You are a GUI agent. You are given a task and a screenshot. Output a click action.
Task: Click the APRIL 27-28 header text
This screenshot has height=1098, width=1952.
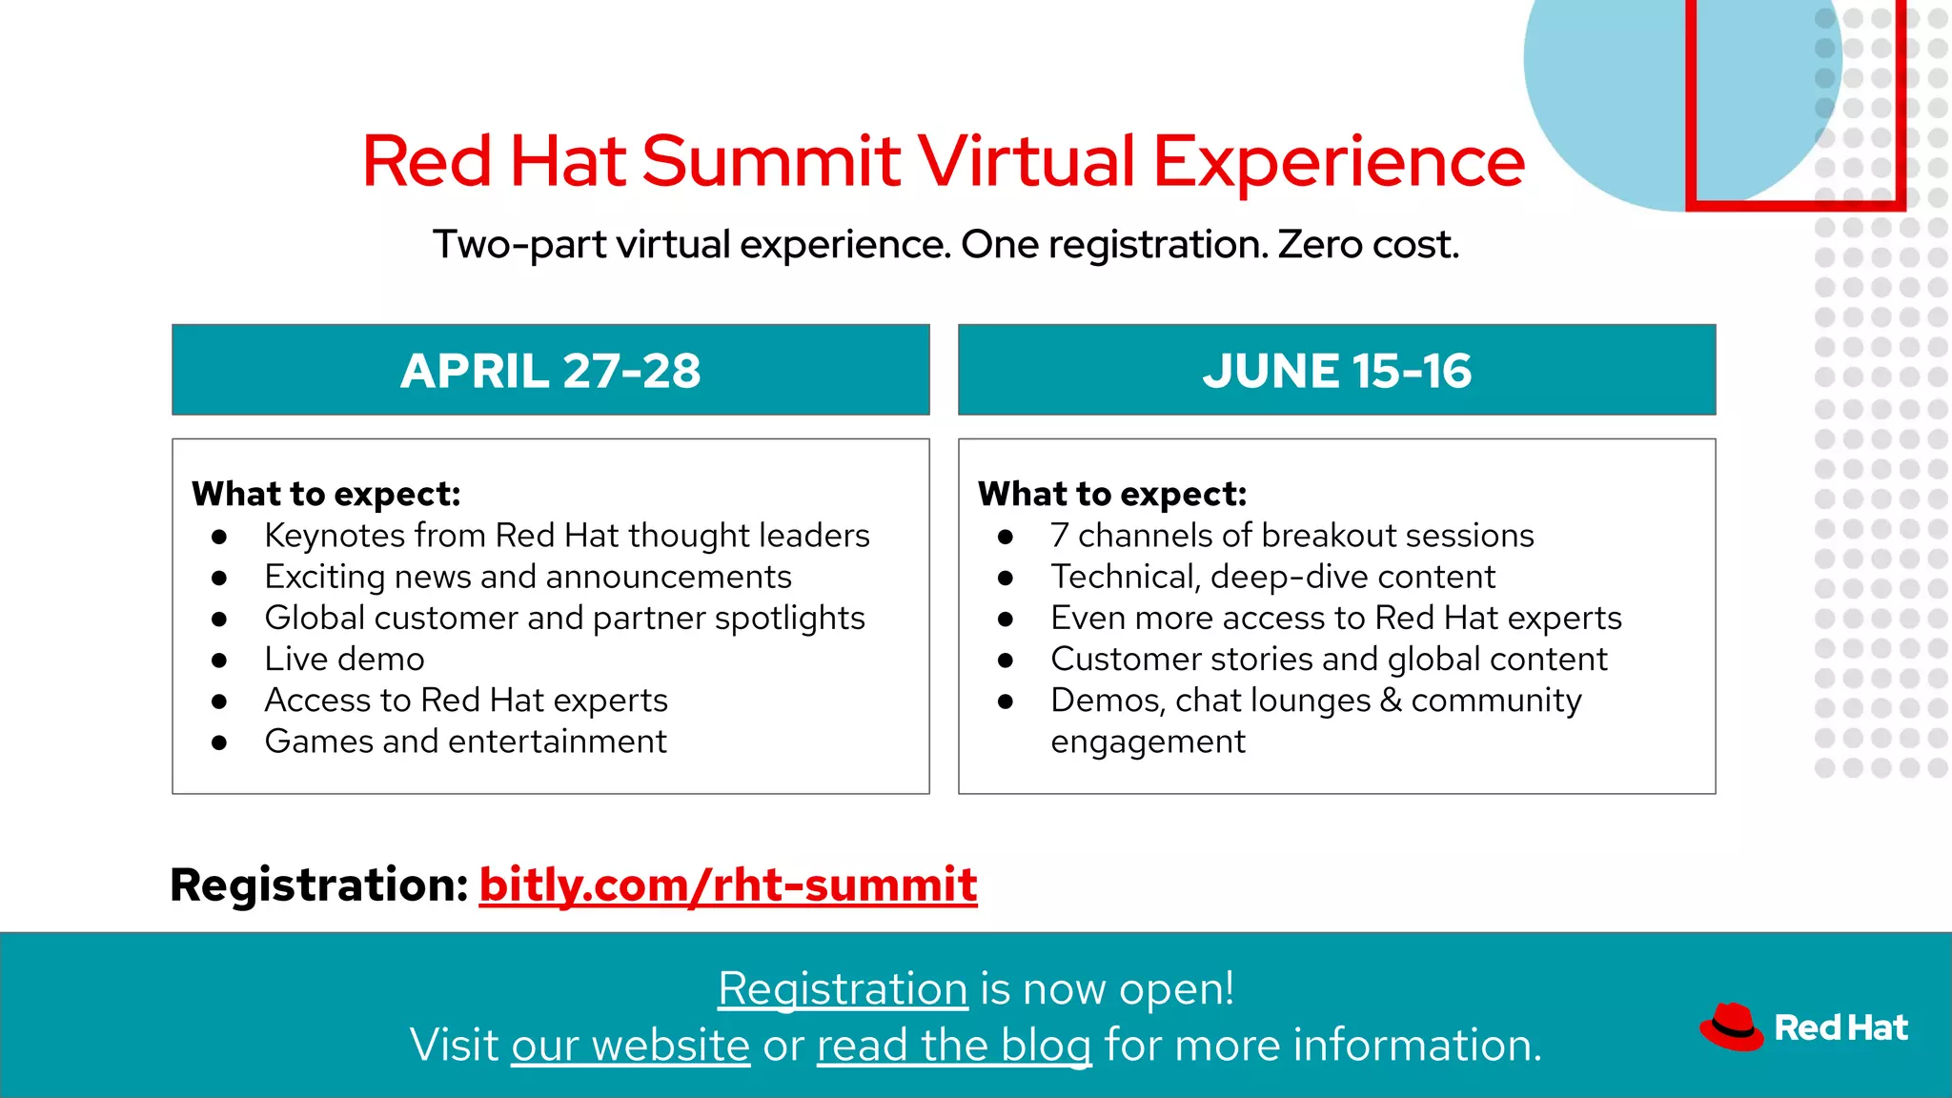click(550, 370)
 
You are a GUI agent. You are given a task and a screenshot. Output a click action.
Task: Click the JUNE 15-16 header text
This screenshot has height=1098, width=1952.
click(1336, 370)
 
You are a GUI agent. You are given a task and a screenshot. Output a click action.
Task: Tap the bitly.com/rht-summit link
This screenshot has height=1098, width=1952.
click(727, 884)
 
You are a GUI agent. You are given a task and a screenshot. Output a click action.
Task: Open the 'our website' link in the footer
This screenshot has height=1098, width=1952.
click(630, 1045)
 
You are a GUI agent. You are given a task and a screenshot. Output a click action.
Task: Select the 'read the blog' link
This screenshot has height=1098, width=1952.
click(953, 1045)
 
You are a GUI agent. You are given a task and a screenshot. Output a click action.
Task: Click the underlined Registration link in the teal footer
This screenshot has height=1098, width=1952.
click(843, 988)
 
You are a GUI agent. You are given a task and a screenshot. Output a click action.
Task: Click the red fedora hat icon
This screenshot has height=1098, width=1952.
click(1732, 1027)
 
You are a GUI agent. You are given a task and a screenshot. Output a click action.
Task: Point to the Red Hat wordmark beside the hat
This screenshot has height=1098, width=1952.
click(1840, 1027)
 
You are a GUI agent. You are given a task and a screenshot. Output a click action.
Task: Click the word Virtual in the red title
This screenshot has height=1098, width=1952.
click(1026, 160)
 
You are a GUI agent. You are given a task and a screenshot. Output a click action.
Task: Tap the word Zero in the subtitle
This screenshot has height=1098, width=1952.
click(1319, 244)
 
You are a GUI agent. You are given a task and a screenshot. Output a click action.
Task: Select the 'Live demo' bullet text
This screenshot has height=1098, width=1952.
click(344, 659)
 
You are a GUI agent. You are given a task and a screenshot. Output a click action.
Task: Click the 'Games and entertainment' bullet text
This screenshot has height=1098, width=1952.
click(465, 741)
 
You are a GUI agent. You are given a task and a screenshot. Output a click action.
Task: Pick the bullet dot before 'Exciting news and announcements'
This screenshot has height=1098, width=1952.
click(219, 578)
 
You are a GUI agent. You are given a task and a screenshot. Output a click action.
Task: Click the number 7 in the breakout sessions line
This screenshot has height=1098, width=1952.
click(1059, 536)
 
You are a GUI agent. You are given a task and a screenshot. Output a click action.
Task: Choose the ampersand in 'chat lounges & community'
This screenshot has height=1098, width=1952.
click(1391, 700)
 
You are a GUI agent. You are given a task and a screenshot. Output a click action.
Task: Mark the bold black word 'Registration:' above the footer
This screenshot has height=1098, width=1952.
click(318, 884)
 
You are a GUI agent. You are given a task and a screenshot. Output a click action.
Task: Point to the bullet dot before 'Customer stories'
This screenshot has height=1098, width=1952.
click(1006, 660)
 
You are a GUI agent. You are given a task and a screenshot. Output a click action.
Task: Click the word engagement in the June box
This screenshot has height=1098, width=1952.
click(1148, 742)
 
